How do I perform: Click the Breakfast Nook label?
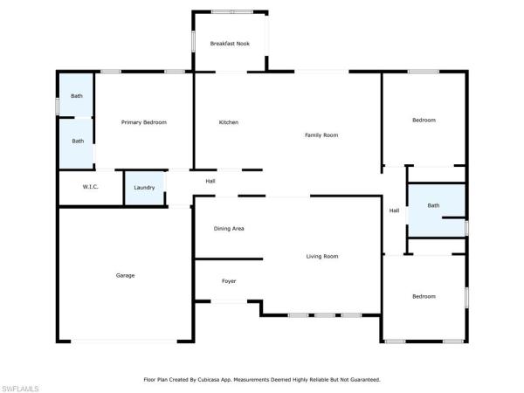click(230, 44)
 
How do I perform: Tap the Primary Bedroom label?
click(144, 122)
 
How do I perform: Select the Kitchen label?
click(229, 122)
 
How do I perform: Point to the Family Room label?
click(321, 135)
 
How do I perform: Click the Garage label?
click(125, 275)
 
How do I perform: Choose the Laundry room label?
click(144, 188)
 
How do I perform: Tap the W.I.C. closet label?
click(90, 187)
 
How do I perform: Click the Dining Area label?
click(229, 229)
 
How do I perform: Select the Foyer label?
click(229, 281)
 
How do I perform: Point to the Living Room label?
click(322, 256)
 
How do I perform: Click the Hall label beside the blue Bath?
click(395, 210)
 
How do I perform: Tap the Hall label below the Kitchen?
click(210, 181)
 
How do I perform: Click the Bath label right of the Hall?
click(433, 205)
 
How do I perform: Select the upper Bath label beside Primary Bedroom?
click(77, 96)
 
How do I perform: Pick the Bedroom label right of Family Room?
click(424, 120)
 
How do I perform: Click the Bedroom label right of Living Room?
click(424, 296)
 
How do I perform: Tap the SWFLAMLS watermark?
click(20, 389)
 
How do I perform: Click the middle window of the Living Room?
click(325, 315)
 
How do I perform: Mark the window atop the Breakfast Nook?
click(232, 12)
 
